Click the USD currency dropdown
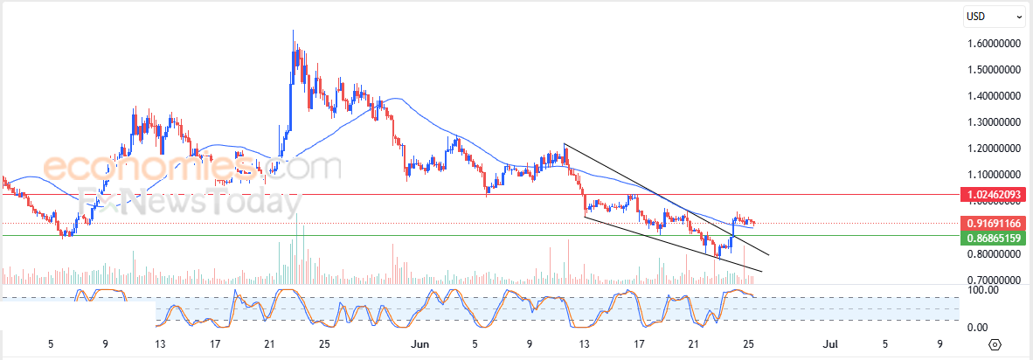tap(994, 16)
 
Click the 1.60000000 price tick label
tap(995, 43)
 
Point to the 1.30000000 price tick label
tap(995, 122)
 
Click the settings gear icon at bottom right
tap(995, 344)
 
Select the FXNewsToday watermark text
tap(188, 204)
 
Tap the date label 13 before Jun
tap(160, 344)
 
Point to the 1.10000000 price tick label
tap(995, 175)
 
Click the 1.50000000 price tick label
tap(995, 69)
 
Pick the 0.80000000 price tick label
tap(995, 254)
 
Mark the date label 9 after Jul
tap(940, 344)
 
